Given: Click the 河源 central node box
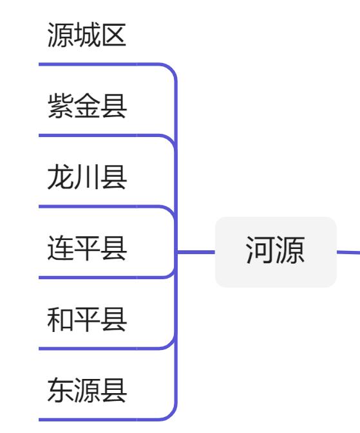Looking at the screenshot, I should tap(275, 252).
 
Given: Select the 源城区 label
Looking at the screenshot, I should tap(87, 36).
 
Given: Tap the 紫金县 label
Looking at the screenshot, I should tap(87, 107).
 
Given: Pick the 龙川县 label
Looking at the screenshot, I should tap(87, 178).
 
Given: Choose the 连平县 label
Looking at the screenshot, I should tap(87, 248).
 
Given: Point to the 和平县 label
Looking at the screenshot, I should tap(87, 319).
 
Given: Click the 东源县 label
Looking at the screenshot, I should tap(87, 390).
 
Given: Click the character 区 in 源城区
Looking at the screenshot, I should tap(114, 36).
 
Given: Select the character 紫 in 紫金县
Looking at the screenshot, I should tap(60, 107).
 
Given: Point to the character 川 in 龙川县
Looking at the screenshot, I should tap(87, 178).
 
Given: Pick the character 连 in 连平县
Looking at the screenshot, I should tap(60, 248).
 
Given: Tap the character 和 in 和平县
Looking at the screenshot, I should tap(60, 319).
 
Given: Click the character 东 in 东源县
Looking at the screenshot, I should tap(60, 390).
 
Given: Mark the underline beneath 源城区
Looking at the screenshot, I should tap(97, 64).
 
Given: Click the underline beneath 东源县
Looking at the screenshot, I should tap(97, 419).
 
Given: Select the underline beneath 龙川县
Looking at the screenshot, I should tap(97, 207).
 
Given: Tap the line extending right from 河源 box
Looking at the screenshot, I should tap(348, 252).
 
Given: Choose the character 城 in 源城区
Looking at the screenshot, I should tap(87, 36).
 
